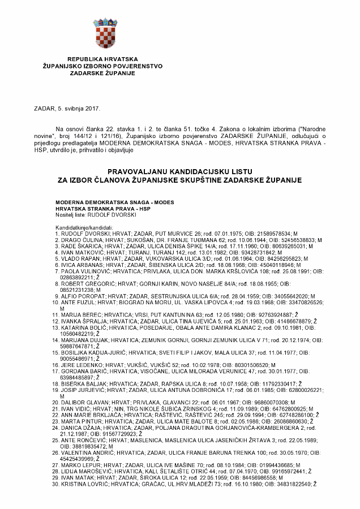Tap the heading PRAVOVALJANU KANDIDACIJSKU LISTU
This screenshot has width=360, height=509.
click(x=179, y=170)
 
